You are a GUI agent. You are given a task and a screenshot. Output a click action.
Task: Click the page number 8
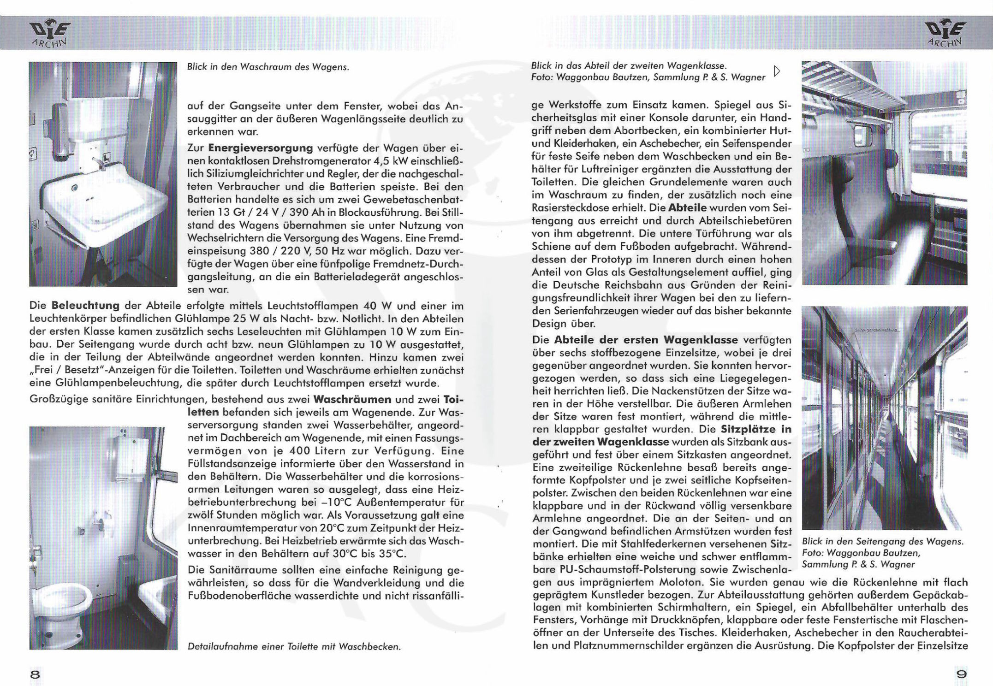(x=35, y=674)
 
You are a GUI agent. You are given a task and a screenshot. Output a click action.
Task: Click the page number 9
(x=961, y=674)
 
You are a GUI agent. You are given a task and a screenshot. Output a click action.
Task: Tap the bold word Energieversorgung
(x=261, y=148)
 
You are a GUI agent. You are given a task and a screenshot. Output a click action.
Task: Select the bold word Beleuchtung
(x=85, y=306)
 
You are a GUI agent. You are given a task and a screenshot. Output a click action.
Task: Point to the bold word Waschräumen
(x=352, y=399)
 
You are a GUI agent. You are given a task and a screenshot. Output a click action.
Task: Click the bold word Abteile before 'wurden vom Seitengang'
(x=687, y=208)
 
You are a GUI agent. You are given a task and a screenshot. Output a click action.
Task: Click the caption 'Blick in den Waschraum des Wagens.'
(x=268, y=67)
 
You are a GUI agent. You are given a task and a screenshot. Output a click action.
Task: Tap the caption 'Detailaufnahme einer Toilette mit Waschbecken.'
(x=294, y=646)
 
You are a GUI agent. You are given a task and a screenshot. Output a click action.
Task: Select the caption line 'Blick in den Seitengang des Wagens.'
(x=882, y=542)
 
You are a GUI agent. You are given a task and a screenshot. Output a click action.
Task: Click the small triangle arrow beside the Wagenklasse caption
(x=777, y=71)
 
